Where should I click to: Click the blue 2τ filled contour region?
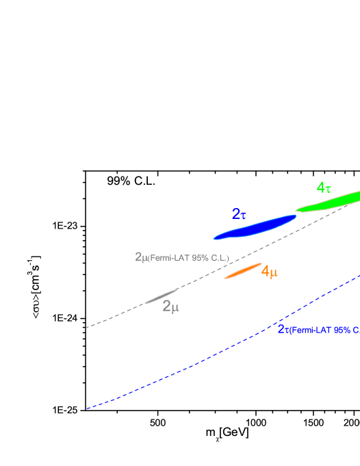257,227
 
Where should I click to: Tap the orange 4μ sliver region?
243,272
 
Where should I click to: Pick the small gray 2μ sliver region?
162,296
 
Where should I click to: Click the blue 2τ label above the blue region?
239,214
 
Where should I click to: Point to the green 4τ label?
324,187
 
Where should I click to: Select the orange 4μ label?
269,272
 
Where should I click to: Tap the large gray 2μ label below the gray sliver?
170,307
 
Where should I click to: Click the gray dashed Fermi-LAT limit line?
116,315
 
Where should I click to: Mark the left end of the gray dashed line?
86,328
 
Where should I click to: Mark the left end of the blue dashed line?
86,409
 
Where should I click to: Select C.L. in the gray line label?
218,258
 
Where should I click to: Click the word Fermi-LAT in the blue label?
311,330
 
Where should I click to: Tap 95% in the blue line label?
342,330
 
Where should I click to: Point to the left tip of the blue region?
214,239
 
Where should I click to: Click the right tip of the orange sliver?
261,263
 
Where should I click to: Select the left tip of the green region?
296,210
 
